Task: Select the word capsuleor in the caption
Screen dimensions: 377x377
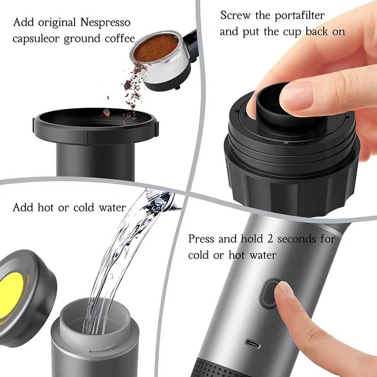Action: (x=34, y=38)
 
